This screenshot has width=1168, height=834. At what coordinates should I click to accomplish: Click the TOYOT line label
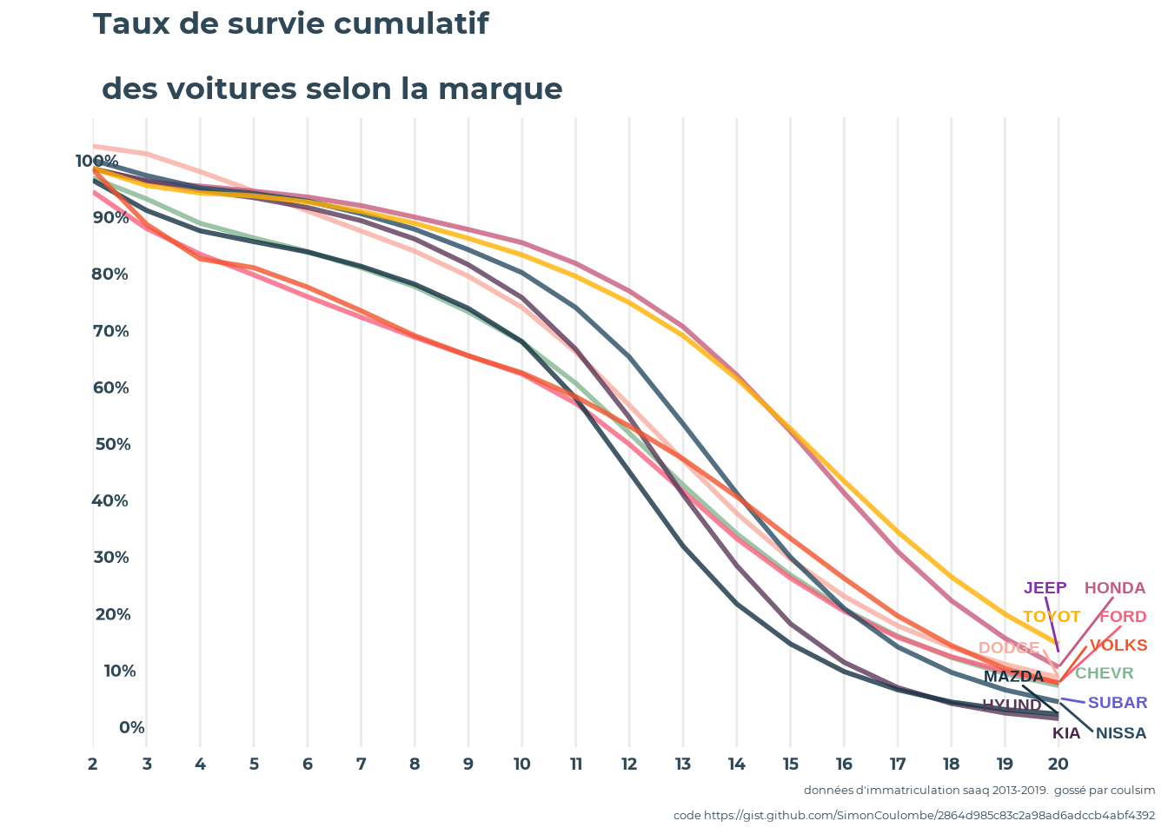[x=1052, y=617]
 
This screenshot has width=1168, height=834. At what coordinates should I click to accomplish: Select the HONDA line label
[x=1115, y=588]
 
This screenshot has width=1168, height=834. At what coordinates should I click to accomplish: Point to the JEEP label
[x=1045, y=588]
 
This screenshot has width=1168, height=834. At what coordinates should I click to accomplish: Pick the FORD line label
[x=1123, y=617]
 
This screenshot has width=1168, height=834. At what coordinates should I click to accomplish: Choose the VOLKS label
[x=1118, y=645]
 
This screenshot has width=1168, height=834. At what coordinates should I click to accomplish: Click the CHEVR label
[x=1105, y=673]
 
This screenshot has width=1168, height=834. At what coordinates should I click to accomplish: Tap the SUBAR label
[x=1118, y=703]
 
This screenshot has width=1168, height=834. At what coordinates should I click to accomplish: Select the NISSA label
[x=1121, y=733]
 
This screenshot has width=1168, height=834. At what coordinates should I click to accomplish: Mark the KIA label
[x=1066, y=733]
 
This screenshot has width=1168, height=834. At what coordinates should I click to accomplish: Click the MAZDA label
[x=1013, y=677]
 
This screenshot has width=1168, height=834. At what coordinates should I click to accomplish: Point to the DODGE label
[x=1009, y=648]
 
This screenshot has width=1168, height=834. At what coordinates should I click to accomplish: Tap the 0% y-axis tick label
[x=131, y=728]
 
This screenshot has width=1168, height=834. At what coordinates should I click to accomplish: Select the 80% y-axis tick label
[x=110, y=275]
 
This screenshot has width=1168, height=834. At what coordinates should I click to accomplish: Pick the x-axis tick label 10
[x=521, y=764]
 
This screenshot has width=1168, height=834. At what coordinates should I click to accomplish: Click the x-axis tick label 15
[x=790, y=764]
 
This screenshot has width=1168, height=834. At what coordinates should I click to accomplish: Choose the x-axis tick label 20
[x=1058, y=764]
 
